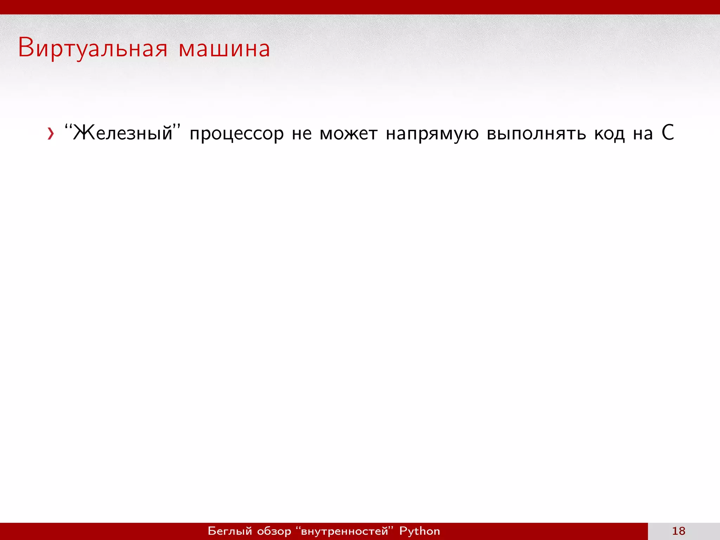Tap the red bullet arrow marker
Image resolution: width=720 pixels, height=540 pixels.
coord(51,134)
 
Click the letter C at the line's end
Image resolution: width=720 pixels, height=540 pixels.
coord(668,133)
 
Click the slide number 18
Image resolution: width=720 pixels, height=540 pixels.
coord(679,531)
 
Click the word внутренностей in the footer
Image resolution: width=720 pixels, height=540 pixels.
coord(344,531)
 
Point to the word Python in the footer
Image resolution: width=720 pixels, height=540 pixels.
coord(419,531)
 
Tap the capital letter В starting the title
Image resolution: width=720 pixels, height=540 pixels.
coord(25,47)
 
